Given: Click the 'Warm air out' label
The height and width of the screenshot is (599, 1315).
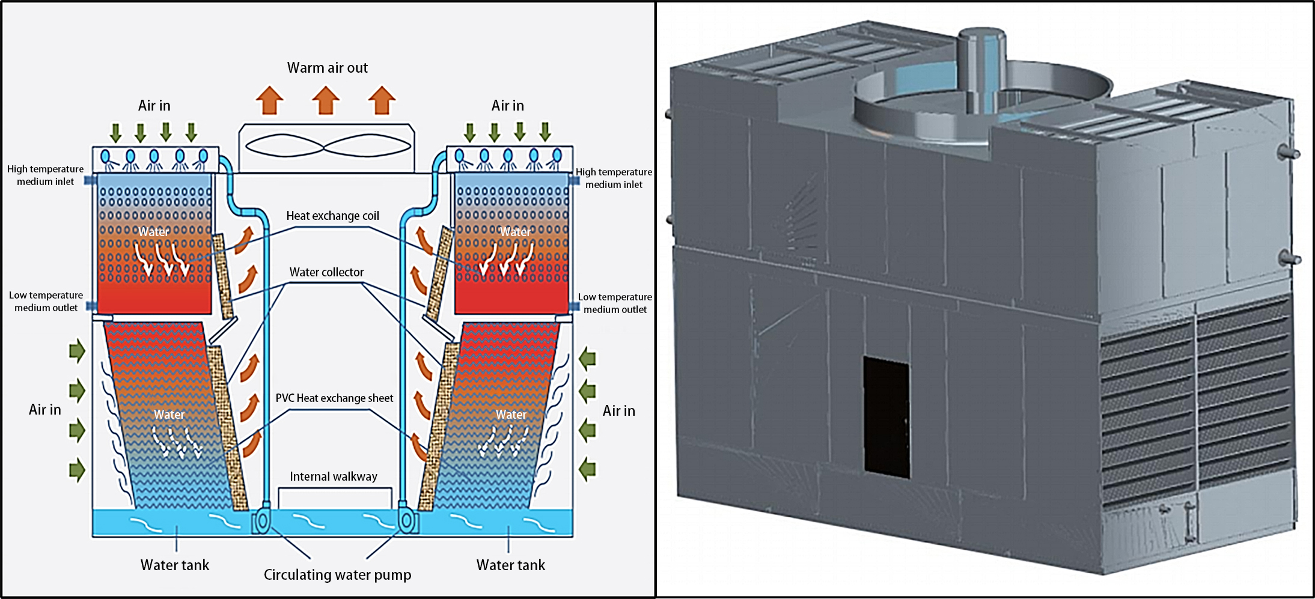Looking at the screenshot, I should point(327,68).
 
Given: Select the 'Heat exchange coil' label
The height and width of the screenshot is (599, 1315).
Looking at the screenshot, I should point(332,216).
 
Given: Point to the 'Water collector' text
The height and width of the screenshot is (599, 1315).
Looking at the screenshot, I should point(326,272).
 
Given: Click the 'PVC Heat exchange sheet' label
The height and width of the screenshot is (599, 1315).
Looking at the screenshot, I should point(334,398).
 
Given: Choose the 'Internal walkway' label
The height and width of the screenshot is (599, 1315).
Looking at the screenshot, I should point(334,476).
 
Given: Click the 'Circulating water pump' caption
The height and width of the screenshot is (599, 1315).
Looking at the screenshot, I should point(337,575).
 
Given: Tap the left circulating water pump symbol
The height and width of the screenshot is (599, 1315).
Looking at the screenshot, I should point(262,520).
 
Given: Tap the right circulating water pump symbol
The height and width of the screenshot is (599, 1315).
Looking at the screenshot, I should point(407,520).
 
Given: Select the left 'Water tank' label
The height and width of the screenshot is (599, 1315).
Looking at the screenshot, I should point(175,565).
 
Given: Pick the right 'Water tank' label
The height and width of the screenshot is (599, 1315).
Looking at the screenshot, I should point(510,565).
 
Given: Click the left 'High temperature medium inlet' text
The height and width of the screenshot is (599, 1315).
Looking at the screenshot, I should point(46,175).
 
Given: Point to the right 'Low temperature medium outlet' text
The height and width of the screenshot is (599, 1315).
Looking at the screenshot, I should point(615,303).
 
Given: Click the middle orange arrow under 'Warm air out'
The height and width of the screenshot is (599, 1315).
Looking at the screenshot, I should point(326,100).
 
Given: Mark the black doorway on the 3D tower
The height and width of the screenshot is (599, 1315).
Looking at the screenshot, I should point(886,417).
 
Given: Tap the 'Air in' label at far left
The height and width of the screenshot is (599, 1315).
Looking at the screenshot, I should point(45,410).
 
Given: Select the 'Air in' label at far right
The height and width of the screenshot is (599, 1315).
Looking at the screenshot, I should point(618,411).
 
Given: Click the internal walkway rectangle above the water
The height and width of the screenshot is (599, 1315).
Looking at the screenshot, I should point(335,499).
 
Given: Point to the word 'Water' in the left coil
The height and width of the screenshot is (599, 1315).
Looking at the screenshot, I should point(154,232).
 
